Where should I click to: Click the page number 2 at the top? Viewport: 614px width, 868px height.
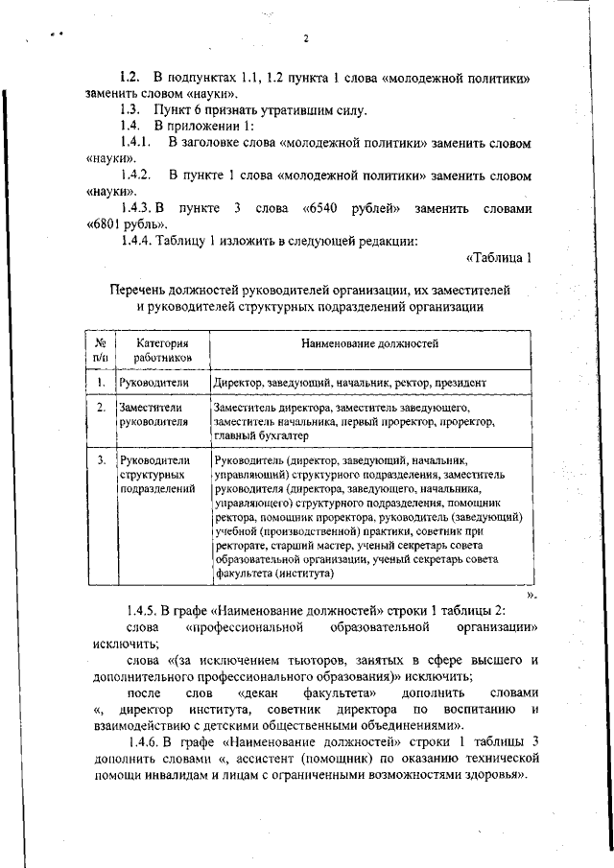(x=305, y=39)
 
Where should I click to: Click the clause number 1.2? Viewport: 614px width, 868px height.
(x=130, y=76)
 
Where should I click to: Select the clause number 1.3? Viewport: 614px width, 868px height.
(x=130, y=110)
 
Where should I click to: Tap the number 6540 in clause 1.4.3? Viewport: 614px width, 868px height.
(x=320, y=208)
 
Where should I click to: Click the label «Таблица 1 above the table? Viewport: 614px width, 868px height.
(x=498, y=258)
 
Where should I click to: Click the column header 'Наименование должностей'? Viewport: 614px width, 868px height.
(x=369, y=342)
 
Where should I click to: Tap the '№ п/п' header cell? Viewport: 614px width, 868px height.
(x=100, y=349)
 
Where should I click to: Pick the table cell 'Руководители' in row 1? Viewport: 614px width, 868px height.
(x=153, y=383)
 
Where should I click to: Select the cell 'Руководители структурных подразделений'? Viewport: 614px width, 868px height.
(x=156, y=475)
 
